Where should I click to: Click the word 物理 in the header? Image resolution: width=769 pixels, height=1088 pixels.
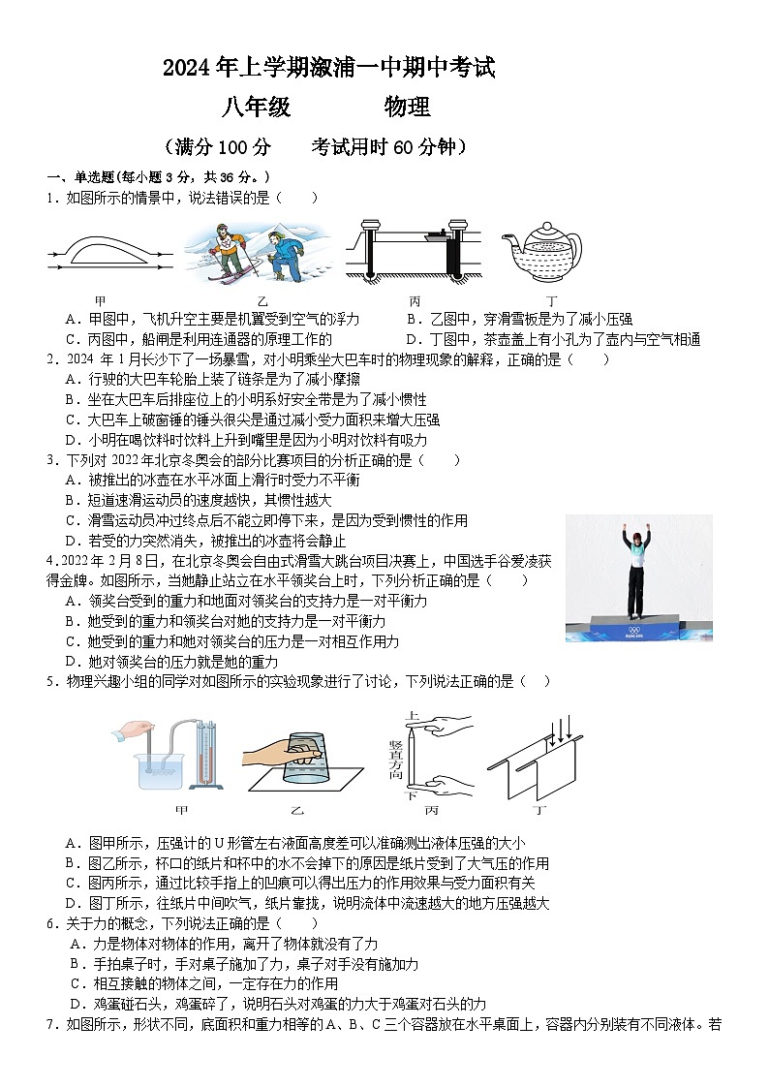[x=407, y=107]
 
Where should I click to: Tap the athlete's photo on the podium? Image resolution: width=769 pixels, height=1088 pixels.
[x=638, y=577]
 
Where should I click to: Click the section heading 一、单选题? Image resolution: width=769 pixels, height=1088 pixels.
[x=80, y=177]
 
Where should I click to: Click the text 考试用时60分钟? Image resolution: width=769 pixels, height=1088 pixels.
[x=387, y=146]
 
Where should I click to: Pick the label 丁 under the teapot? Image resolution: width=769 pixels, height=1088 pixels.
[x=551, y=300]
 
